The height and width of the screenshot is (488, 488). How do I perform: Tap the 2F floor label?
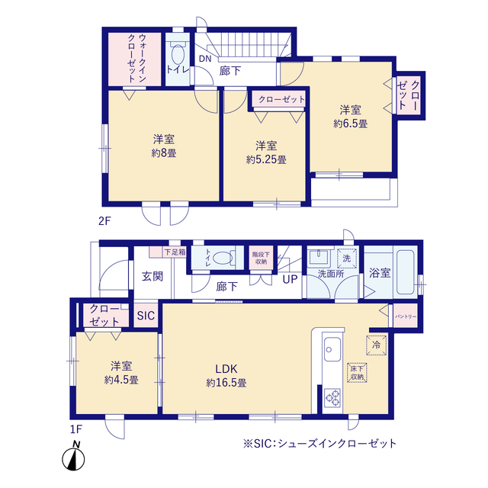[104, 221]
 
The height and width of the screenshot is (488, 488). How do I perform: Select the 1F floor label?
[76, 429]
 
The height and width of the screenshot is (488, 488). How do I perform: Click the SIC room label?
[146, 316]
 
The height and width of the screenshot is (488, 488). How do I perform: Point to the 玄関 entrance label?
[152, 276]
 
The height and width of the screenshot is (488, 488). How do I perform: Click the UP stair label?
[290, 279]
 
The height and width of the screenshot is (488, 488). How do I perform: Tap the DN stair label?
[205, 59]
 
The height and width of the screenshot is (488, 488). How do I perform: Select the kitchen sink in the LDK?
[332, 349]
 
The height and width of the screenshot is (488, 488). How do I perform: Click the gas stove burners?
[332, 398]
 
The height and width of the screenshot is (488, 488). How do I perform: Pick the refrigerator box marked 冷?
[376, 345]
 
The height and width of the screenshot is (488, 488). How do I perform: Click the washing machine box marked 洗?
[346, 258]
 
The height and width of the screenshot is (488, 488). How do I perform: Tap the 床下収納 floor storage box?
[357, 373]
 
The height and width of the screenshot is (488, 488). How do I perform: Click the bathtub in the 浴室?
[405, 272]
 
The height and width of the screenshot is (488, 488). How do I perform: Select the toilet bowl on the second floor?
[178, 55]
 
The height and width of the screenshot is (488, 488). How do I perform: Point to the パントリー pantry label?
[406, 316]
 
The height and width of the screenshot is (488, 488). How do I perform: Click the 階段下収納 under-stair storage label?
[261, 258]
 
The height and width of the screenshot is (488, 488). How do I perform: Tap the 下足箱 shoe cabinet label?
[175, 252]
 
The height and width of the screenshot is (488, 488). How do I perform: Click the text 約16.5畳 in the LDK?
[226, 383]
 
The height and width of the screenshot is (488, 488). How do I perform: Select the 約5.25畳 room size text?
[266, 159]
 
